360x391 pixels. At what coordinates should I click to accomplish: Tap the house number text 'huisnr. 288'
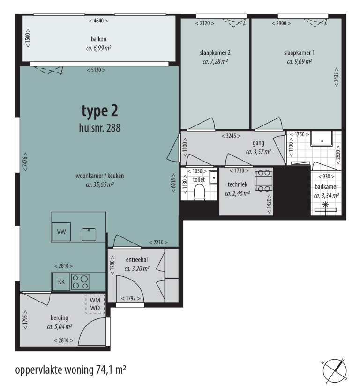pos(99,127)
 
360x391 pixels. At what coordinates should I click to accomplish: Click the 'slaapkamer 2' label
pos(215,52)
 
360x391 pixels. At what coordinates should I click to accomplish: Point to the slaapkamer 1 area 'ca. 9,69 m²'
pos(299,61)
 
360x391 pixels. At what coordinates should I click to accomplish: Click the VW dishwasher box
pos(61,232)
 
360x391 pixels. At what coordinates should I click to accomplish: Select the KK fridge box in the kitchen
pos(61,281)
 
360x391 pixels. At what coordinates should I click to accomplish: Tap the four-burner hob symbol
pos(80,281)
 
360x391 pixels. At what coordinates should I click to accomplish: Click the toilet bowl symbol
pos(200,192)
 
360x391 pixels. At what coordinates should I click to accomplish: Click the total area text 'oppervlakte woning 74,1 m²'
pos(70,370)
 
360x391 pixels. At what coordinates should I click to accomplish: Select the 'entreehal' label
pos(137,260)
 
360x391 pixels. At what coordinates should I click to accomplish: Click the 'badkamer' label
pos(327,187)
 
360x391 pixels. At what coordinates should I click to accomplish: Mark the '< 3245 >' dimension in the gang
pos(231,136)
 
